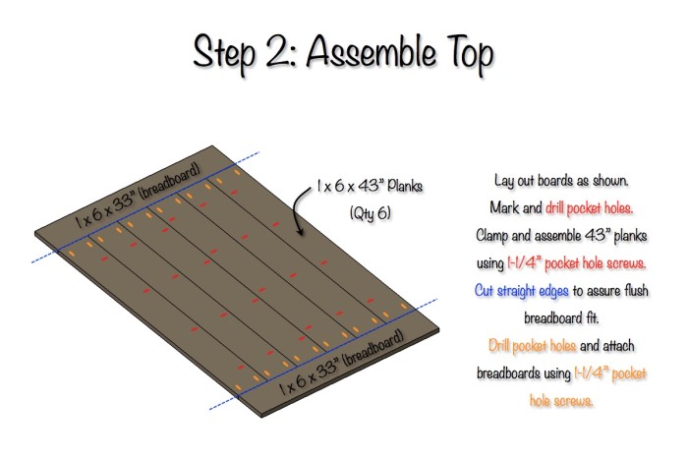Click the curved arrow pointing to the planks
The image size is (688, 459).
[x=300, y=211]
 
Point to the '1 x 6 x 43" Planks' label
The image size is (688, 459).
[x=370, y=187]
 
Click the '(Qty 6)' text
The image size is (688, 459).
[x=370, y=213]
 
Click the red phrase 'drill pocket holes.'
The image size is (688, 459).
[x=589, y=208]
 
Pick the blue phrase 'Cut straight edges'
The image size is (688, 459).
[x=521, y=291]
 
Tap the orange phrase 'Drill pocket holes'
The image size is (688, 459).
[x=532, y=346]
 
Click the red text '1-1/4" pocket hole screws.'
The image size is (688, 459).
[x=577, y=263]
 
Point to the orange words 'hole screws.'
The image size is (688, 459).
[x=561, y=400]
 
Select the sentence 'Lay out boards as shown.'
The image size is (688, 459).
[x=561, y=180]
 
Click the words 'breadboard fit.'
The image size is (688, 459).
[x=561, y=317]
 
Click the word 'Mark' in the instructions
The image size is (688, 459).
[x=503, y=207]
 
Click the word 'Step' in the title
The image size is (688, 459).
[x=224, y=54]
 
